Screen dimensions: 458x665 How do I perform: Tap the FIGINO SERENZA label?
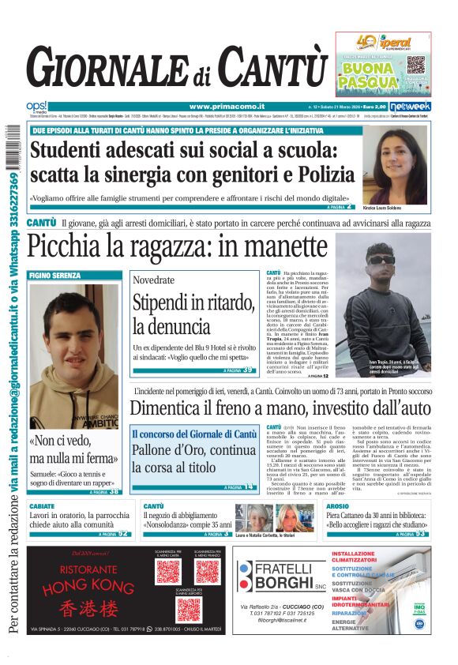[54, 276]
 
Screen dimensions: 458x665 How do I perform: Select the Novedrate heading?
[153, 280]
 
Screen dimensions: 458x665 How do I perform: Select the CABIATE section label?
[42, 506]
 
